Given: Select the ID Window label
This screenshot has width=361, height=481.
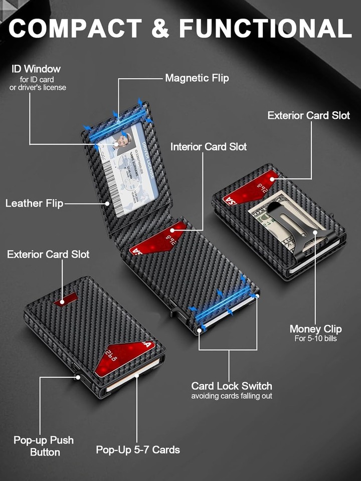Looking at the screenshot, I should (x=36, y=69).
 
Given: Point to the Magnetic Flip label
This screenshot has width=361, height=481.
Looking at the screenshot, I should (x=197, y=78).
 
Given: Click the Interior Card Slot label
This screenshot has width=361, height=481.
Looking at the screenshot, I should (x=209, y=147).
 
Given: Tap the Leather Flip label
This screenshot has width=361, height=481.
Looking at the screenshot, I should (x=35, y=203).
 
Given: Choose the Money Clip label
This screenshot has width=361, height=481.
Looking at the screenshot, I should (x=316, y=329).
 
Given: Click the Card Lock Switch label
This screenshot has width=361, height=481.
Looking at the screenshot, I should (x=232, y=386).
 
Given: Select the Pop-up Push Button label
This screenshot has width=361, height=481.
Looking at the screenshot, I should (x=44, y=446).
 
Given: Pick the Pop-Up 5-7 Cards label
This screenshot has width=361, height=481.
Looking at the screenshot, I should (x=138, y=449).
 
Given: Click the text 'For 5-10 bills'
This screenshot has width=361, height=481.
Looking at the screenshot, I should (x=316, y=339).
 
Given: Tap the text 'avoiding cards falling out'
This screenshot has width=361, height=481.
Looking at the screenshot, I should (x=232, y=396).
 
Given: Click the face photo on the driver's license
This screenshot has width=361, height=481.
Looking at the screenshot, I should (x=123, y=140).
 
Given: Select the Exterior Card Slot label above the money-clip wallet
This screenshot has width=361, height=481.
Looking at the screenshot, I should (x=309, y=115).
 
